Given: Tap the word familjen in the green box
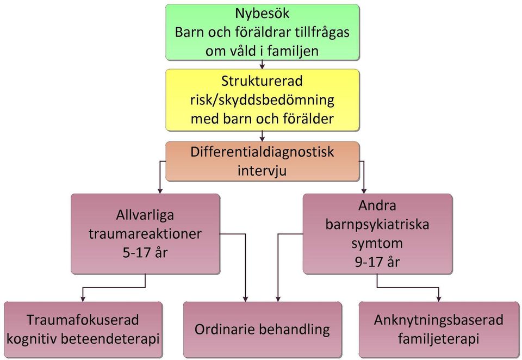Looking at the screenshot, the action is tap(293, 51).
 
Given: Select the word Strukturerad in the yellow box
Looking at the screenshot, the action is tap(262, 81).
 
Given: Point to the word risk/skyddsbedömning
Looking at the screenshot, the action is tap(262, 100).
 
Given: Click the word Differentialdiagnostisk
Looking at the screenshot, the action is tap(262, 152).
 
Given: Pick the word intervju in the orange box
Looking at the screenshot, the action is tap(262, 171).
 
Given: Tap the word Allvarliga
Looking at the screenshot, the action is tap(145, 215).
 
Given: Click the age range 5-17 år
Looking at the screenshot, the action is tap(145, 253).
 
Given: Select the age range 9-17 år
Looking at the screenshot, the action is tap(377, 262).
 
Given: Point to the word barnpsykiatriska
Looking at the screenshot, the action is tap(377, 225).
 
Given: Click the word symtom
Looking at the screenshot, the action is tap(377, 244).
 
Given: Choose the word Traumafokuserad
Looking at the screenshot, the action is tap(83, 320).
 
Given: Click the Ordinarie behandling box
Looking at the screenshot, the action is tap(262, 330).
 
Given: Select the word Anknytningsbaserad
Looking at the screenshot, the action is tap(438, 320).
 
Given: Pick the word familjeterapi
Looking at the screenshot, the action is tap(438, 339).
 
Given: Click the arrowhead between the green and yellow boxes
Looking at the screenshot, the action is tap(262, 66).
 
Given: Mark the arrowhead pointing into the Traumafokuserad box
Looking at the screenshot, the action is tap(83, 299).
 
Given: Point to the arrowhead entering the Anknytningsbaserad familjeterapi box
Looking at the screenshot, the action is tap(439, 299).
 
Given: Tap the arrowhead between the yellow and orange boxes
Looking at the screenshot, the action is tap(262, 139).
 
